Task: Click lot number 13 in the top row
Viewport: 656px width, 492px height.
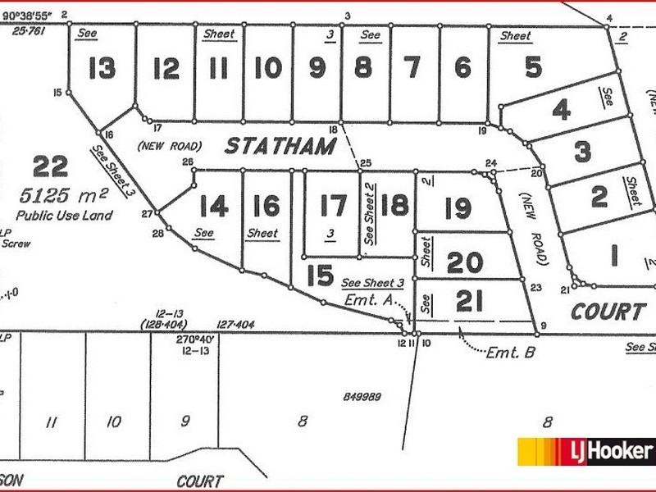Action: coord(102,69)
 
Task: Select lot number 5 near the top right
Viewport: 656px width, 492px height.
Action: coord(533,66)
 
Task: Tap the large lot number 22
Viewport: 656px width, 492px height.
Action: coord(50,167)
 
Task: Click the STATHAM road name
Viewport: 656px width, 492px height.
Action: coord(280,147)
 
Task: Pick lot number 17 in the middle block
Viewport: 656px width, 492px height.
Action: coord(334,204)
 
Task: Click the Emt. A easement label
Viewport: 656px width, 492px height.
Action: coord(366,300)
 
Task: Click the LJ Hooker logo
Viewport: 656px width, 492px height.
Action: coord(584,451)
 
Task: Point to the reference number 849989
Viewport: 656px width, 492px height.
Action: coord(363,397)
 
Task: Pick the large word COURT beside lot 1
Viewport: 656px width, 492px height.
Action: coord(608,312)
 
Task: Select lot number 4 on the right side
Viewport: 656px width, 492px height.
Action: coord(561,109)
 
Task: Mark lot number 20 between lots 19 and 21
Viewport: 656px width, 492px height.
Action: coord(465,263)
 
